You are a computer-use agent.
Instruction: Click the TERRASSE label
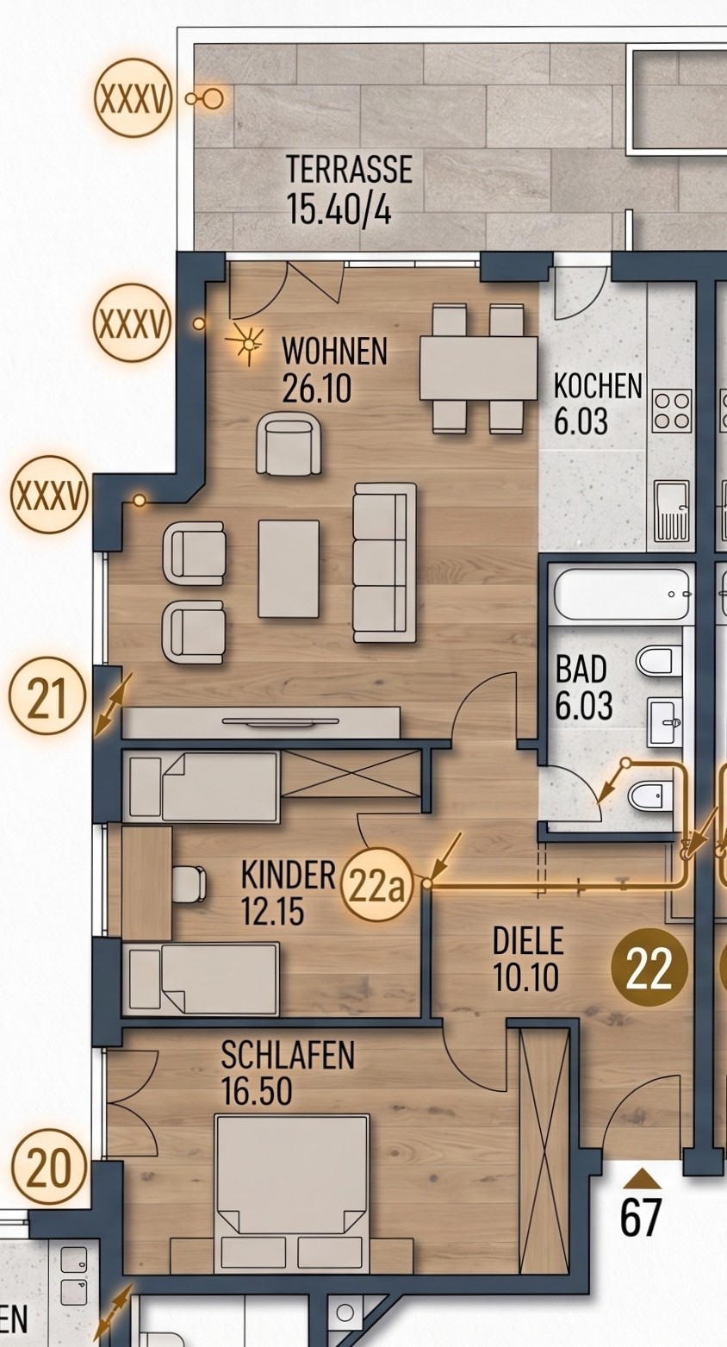point(349,169)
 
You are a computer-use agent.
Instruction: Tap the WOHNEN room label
point(335,351)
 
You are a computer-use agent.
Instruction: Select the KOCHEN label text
point(598,386)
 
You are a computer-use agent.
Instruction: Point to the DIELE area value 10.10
point(525,978)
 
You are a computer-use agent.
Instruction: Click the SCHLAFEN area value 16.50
point(257,1091)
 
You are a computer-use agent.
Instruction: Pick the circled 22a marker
point(376,887)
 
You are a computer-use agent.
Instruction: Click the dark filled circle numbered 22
point(649,968)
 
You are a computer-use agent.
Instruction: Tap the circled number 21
point(47,695)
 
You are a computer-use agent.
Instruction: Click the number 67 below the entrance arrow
point(641,1217)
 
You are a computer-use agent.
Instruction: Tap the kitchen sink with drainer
point(672,512)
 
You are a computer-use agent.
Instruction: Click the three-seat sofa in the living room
point(384,563)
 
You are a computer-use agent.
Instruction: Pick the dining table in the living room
point(478,368)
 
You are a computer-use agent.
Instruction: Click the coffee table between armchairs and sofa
point(289,569)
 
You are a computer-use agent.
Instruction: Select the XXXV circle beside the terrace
point(134,97)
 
